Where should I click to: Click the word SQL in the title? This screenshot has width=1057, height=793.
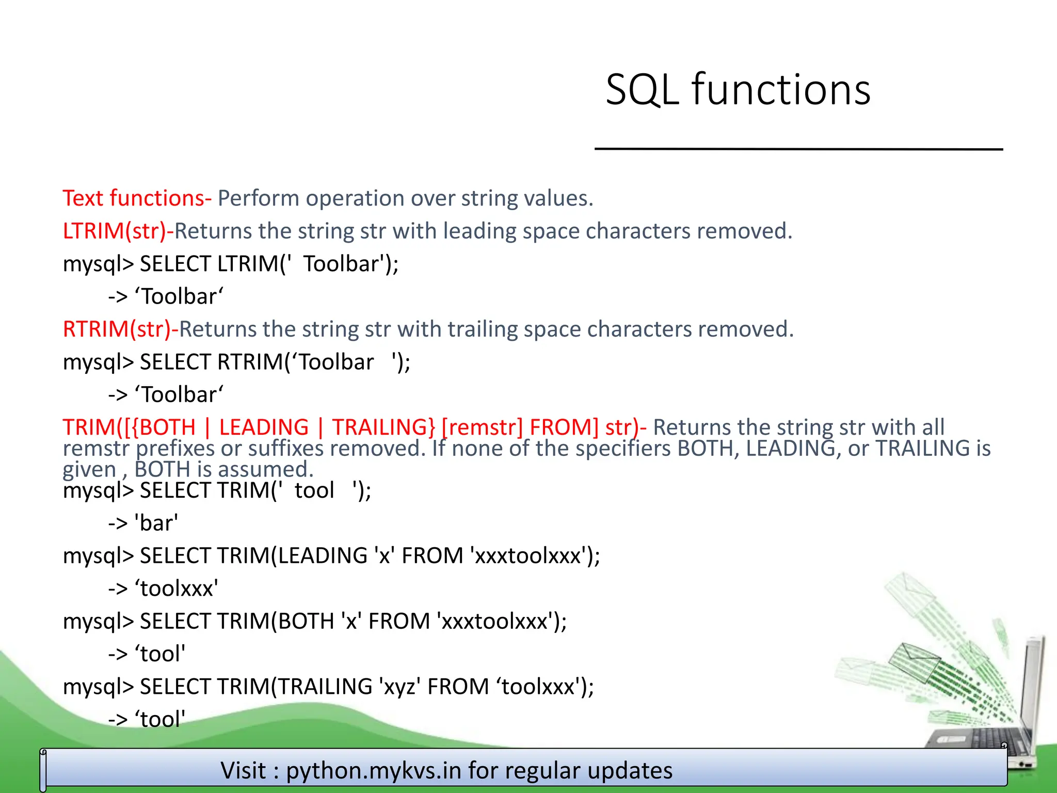coord(642,90)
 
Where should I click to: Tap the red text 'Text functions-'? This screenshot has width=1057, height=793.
coord(137,198)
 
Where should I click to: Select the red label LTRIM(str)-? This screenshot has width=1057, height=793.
coord(118,231)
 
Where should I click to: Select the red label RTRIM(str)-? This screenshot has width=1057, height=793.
coord(120,329)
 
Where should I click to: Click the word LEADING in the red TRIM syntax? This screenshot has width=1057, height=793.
coord(263,427)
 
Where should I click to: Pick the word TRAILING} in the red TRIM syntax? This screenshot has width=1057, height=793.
coord(383,427)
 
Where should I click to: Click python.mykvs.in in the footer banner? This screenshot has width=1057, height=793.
coord(374,770)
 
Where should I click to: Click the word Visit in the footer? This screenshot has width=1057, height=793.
coord(244,770)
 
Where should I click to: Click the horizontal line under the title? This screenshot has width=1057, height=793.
coord(798,149)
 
